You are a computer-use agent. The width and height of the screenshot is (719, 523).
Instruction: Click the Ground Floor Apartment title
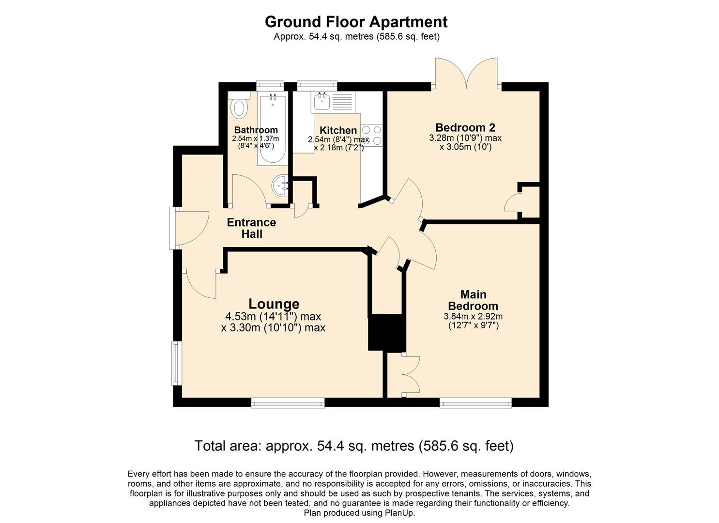(356, 22)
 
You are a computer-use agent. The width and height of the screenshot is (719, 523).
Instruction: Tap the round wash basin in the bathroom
(280, 186)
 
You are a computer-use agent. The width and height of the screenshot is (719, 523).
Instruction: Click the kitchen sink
(321, 102)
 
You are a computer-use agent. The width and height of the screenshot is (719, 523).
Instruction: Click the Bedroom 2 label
(465, 127)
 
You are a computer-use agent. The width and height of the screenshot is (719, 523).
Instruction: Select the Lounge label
(274, 304)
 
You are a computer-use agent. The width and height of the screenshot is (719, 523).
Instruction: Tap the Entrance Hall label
(251, 228)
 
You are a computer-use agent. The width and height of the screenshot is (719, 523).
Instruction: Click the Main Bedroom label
(473, 300)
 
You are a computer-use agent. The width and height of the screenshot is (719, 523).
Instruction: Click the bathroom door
(248, 190)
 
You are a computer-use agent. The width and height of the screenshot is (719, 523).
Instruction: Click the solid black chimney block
(386, 332)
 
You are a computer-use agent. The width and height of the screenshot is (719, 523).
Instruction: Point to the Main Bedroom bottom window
(475, 402)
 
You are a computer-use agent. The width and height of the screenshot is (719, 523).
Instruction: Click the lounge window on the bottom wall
(288, 402)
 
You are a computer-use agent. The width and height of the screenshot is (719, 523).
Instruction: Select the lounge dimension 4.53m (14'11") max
(273, 317)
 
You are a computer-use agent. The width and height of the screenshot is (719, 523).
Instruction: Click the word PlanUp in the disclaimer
(400, 513)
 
